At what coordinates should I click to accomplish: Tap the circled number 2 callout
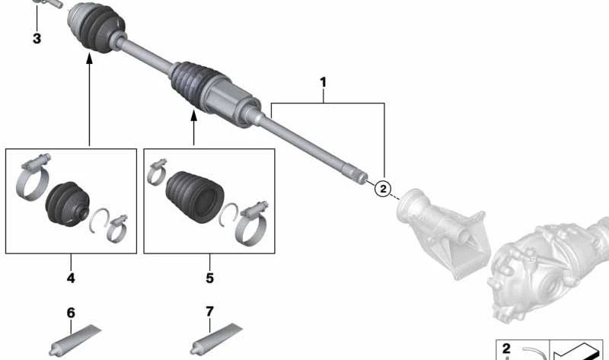coord(384,188)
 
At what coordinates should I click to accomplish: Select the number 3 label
coord(37,38)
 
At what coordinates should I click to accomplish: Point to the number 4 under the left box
coord(71,279)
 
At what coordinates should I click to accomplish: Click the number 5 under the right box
coord(209,279)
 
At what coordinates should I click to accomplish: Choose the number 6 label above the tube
coord(71,313)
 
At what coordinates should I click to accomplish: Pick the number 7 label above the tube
coord(209,313)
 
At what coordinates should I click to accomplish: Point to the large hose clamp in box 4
coord(32,181)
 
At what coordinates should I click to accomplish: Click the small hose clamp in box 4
coord(116,225)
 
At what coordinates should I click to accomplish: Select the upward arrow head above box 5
coord(193,115)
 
